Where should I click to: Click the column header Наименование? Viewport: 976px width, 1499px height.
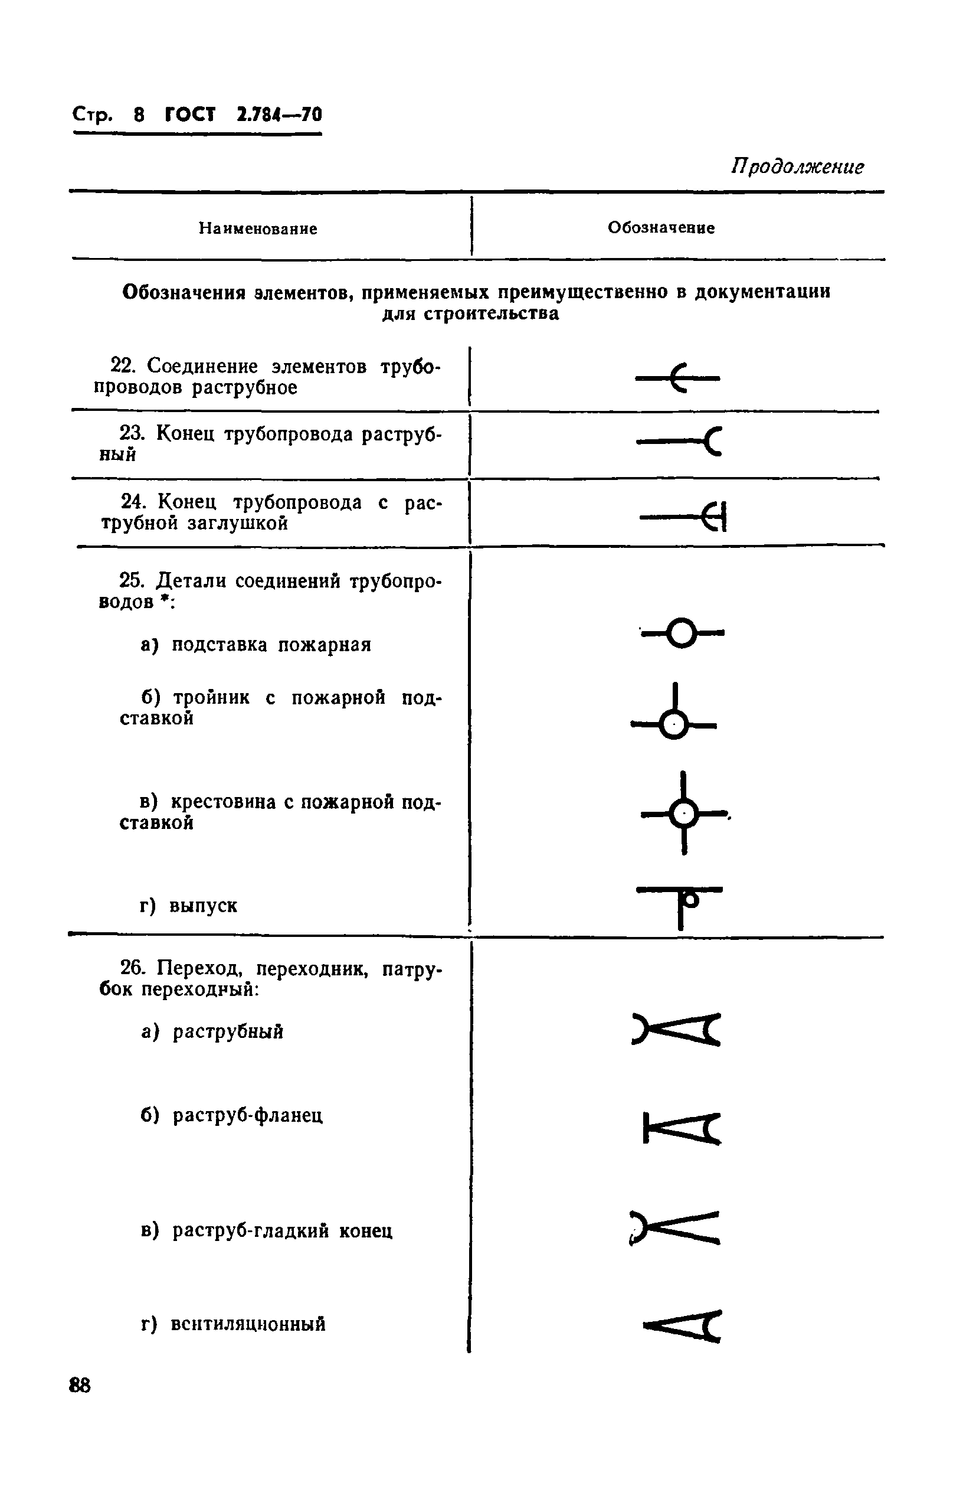pos(257,228)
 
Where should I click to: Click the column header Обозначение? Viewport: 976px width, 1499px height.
pos(660,228)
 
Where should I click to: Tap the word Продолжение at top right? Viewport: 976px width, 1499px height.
pos(797,167)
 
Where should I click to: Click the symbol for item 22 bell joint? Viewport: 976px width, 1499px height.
pos(677,378)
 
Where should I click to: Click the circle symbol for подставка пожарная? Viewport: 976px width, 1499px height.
pos(682,633)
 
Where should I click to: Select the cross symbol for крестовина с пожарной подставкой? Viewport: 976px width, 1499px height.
pos(684,814)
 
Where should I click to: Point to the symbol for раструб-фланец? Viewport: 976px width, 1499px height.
pos(682,1128)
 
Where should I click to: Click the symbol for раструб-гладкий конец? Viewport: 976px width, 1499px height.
pos(674,1227)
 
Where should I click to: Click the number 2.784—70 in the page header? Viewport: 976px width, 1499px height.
pos(279,115)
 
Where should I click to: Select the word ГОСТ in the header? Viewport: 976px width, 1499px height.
pos(189,115)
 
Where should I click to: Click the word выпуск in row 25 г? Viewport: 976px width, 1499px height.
pos(204,906)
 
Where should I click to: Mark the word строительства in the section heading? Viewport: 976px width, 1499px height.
pos(490,313)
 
